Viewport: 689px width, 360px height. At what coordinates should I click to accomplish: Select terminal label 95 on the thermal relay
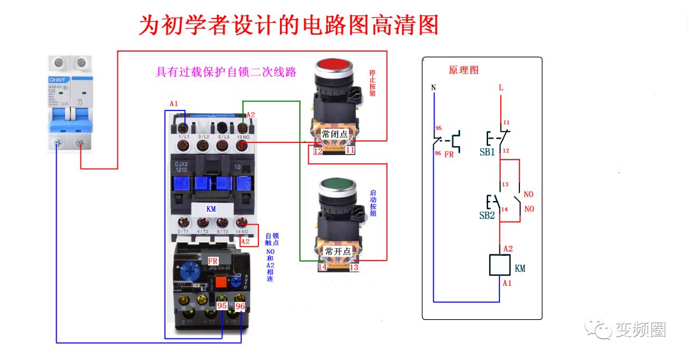click(x=223, y=306)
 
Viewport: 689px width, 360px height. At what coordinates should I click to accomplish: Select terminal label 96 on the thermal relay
click(x=240, y=306)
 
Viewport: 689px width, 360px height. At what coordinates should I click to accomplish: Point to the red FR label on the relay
click(x=213, y=261)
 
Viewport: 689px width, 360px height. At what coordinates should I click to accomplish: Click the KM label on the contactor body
click(x=211, y=209)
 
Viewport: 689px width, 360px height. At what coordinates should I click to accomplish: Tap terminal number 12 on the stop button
click(x=318, y=151)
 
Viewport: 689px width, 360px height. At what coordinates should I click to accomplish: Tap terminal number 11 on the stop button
click(x=350, y=151)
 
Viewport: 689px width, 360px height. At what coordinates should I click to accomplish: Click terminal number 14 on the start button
click(x=322, y=268)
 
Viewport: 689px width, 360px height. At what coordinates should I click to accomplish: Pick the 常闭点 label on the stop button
click(x=334, y=135)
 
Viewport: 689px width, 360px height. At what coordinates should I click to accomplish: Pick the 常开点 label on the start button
click(x=337, y=251)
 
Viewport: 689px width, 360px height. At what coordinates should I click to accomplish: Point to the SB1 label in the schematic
click(x=487, y=153)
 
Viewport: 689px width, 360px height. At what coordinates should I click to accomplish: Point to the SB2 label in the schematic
click(x=487, y=216)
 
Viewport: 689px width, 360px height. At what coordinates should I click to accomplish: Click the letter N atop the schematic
click(x=434, y=88)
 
